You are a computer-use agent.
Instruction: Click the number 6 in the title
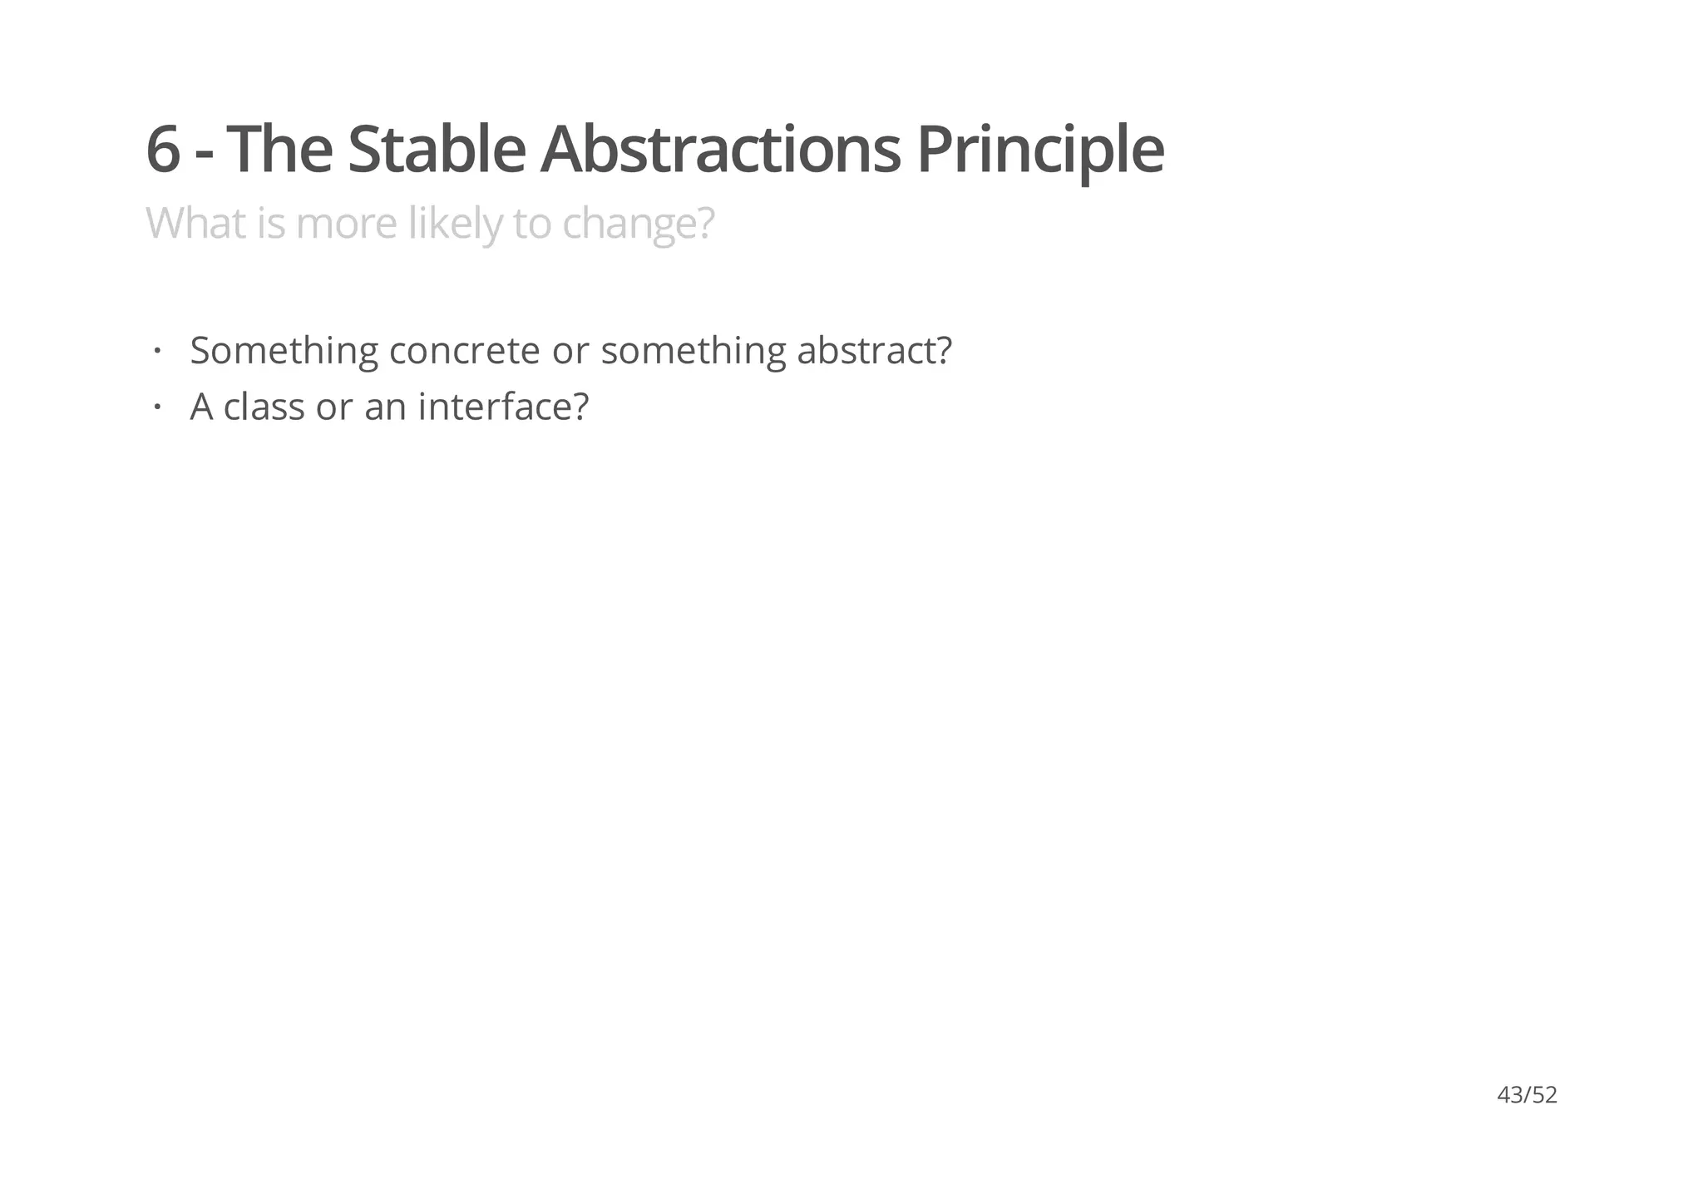click(x=164, y=150)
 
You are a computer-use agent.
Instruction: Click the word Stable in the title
click(x=436, y=150)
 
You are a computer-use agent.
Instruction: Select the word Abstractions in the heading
click(x=720, y=150)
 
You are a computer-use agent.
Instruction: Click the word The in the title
click(x=279, y=150)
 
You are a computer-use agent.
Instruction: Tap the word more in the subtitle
click(x=346, y=224)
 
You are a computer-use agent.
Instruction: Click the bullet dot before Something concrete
click(x=155, y=350)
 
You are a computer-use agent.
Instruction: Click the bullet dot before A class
click(x=155, y=407)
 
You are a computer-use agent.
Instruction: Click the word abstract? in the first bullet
click(x=874, y=350)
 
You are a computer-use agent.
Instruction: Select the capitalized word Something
click(x=284, y=351)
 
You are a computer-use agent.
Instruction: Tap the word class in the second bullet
click(x=264, y=407)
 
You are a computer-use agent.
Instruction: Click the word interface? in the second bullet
click(x=503, y=407)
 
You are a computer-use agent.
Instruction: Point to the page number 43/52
click(x=1527, y=1095)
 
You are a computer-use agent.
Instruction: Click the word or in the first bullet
click(x=570, y=350)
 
